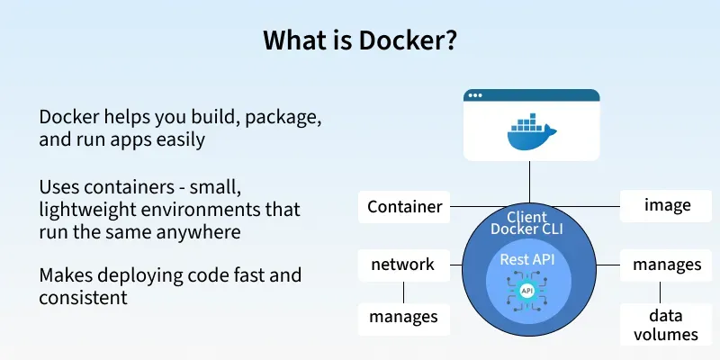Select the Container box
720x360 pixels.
405,207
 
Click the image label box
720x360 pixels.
667,205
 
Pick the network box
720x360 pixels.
402,265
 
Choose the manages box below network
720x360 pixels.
402,317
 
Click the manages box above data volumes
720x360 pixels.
667,265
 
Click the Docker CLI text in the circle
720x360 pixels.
527,231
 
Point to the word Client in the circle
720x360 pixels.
527,218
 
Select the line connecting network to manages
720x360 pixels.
402,291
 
